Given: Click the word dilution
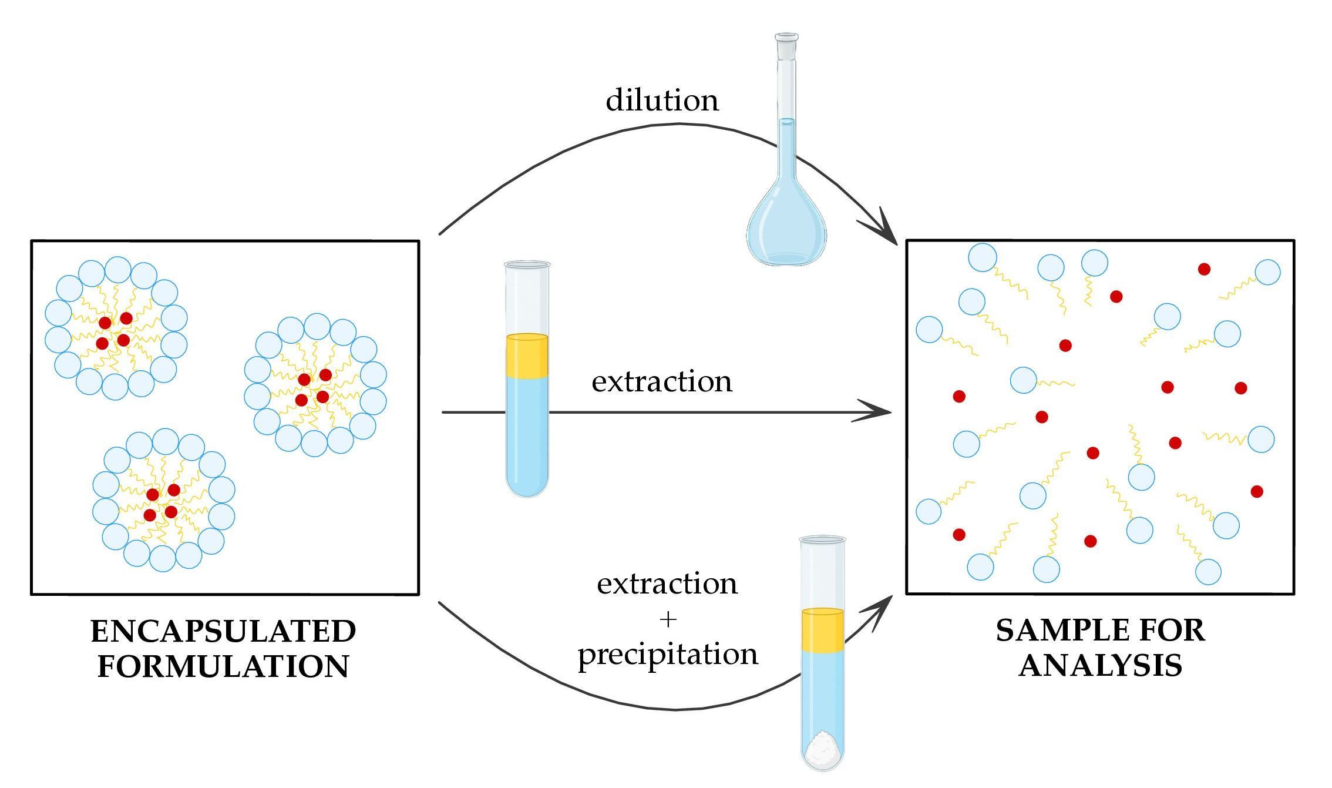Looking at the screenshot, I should pos(662,100).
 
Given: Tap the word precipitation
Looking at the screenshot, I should pos(668,655).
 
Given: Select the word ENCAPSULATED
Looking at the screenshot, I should pos(223,632).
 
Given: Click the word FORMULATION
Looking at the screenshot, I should pos(223,667).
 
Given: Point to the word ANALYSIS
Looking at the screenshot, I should pos(1100,666).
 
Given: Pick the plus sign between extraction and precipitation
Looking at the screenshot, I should pos(668,619).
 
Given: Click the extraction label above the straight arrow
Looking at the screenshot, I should pos(662,382).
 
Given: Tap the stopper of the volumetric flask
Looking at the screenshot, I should pos(786,46).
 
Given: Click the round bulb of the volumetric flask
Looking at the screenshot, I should pos(786,229).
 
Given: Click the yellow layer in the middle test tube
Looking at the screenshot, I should pos(527,356).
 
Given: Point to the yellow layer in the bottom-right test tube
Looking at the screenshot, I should pos(822,631).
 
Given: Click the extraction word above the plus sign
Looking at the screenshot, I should pos(667,584).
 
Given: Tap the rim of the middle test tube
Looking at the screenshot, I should pos(527,264).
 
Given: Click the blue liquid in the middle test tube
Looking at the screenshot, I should pos(527,435).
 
